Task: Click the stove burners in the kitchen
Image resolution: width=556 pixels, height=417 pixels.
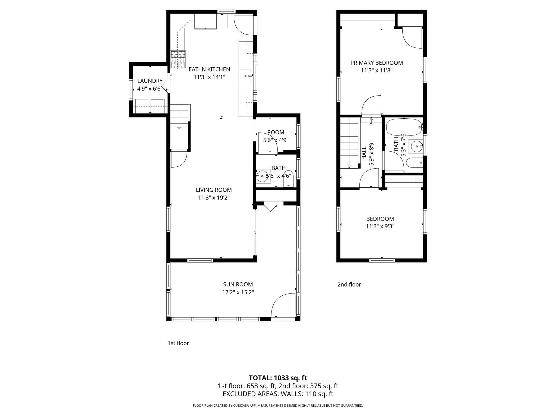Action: tap(178, 59)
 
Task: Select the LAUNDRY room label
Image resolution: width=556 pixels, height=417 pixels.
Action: tap(150, 81)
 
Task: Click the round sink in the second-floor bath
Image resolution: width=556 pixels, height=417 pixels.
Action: tap(416, 147)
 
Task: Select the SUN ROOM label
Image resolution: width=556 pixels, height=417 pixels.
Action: tap(238, 284)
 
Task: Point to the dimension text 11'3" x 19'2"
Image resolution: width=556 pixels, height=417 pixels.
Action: tap(214, 198)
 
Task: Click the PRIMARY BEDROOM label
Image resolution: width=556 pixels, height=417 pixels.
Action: tap(377, 63)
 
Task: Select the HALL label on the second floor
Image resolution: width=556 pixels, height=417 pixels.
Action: tap(364, 153)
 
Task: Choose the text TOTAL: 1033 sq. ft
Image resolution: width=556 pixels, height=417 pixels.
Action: tap(278, 378)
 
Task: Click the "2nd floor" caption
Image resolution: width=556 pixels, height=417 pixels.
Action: tap(349, 285)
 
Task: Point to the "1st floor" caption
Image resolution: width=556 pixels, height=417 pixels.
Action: tap(178, 343)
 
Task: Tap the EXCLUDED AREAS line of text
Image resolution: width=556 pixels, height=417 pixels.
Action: tap(278, 394)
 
